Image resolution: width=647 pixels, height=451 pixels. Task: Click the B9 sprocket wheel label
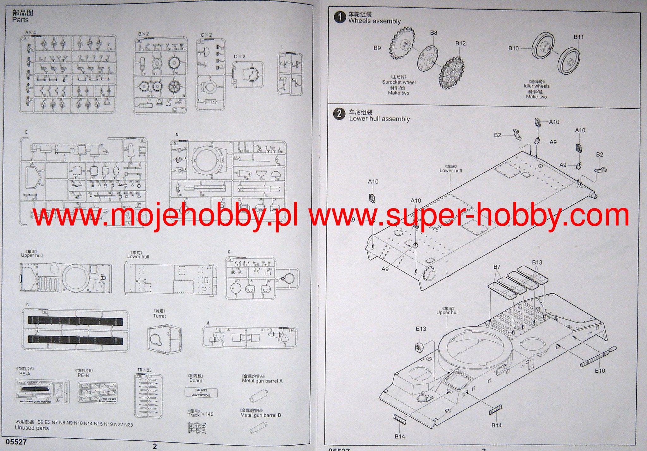point(377,48)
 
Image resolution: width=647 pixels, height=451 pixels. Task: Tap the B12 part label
point(460,43)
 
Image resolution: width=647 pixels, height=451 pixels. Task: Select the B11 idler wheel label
point(579,37)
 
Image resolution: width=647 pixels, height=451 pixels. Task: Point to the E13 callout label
point(421,329)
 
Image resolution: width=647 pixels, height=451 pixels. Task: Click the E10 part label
point(600,370)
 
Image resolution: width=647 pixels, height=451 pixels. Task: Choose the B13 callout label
point(537,262)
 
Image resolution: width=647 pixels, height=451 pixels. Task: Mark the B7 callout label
point(497,267)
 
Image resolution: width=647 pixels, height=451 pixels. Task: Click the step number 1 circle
point(340,17)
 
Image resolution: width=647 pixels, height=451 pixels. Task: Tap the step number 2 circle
point(339,114)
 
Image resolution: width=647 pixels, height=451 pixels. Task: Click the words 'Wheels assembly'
point(374,21)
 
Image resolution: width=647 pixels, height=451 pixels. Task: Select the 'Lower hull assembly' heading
point(379,119)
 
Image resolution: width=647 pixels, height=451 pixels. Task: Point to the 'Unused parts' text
point(32,428)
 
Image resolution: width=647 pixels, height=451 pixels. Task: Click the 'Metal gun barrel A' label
point(262,381)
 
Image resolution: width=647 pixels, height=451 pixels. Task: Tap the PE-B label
point(83,376)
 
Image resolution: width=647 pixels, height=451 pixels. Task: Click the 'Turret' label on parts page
point(159,316)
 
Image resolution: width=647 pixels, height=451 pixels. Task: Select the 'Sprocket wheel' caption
point(399,82)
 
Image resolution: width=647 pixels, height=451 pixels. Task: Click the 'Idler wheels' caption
point(536,86)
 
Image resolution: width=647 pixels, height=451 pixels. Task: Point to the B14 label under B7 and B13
point(496,425)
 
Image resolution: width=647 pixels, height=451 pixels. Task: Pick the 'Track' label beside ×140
point(193,415)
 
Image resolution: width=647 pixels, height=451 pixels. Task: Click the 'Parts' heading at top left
point(20,20)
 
